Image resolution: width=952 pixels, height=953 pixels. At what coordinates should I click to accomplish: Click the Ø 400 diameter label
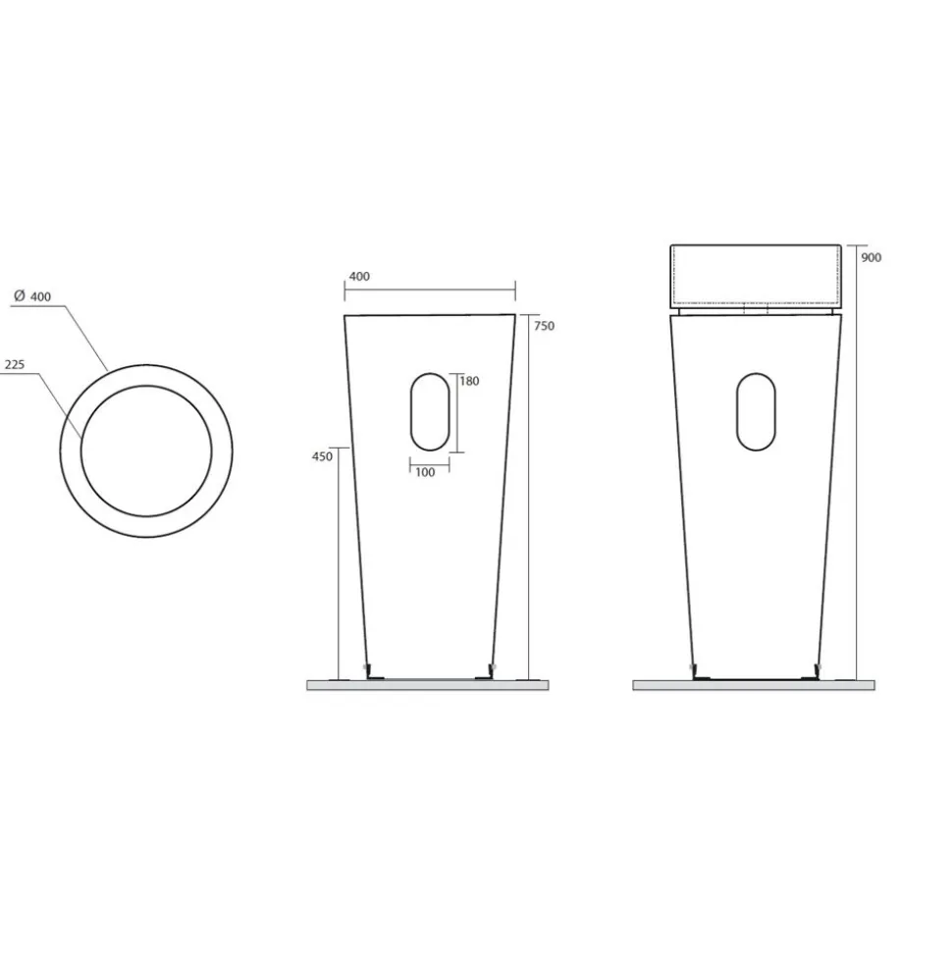32,296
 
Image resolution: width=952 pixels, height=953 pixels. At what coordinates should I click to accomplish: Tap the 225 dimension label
15,365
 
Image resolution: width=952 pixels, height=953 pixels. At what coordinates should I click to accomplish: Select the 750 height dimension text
544,326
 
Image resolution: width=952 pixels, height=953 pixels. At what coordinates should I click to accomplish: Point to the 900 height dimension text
872,258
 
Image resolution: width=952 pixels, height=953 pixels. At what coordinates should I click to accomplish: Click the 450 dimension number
322,456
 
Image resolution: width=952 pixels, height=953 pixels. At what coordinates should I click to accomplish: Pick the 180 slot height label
469,381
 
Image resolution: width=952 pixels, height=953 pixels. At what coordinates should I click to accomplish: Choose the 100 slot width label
426,472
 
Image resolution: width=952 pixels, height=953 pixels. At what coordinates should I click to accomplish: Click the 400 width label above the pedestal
359,277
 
